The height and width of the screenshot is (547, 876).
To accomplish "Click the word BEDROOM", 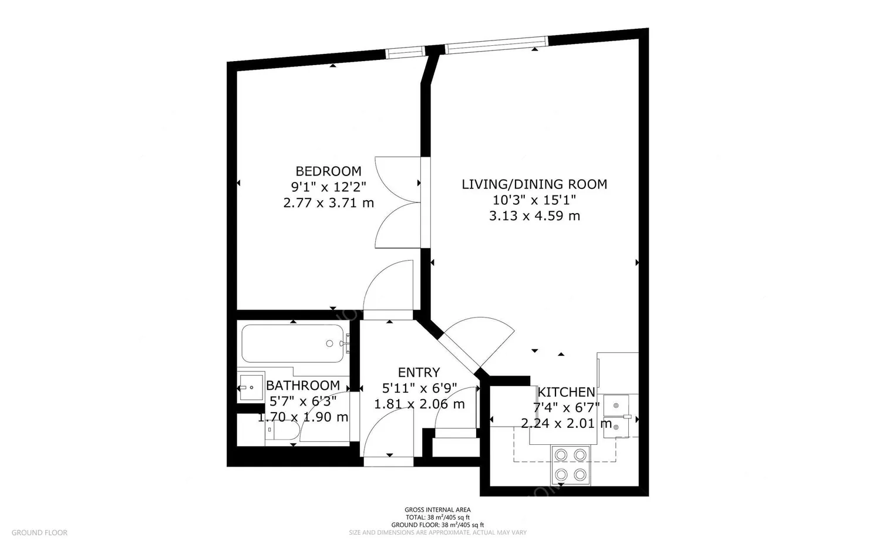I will coord(328,171).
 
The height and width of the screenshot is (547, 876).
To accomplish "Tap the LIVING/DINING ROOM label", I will coord(534,184).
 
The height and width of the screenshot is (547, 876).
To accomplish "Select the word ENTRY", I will coord(419,373).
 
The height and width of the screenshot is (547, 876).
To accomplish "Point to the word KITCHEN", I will coord(567,392).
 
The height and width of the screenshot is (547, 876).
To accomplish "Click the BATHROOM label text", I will coord(303,386).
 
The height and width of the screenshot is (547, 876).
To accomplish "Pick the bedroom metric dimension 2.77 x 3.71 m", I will coord(328,203).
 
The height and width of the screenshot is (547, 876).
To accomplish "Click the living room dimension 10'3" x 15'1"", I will coord(534,200).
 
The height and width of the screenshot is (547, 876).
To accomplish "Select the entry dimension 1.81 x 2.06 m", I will coord(419,404).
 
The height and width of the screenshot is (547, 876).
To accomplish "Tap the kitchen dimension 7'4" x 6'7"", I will coord(566,408).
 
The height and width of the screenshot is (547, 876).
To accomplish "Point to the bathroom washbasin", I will coord(250,387).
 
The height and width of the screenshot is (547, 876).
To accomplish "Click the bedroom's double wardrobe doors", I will coord(397,203).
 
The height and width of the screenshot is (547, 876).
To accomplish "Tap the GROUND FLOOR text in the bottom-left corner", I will coord(39,533).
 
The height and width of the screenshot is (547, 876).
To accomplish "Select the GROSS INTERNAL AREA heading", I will coord(437,510).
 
